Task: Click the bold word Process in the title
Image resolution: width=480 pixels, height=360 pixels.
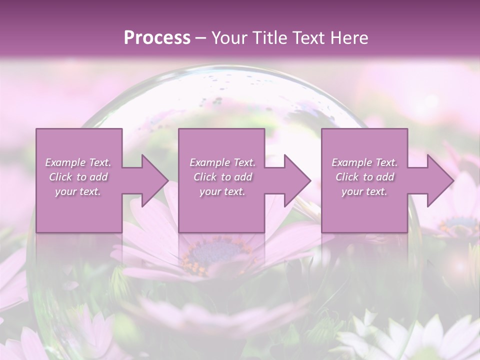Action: [157, 37]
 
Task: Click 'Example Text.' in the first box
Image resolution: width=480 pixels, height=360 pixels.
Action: [78, 162]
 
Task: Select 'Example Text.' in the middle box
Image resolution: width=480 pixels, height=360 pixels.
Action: [222, 162]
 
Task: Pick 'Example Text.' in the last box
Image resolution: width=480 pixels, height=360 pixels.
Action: [364, 162]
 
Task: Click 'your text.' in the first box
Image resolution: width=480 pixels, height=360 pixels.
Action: [78, 191]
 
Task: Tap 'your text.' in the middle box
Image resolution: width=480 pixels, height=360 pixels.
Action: [222, 191]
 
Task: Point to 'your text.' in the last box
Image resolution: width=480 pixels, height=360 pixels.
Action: [364, 191]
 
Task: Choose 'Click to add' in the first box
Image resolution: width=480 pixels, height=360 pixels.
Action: [78, 177]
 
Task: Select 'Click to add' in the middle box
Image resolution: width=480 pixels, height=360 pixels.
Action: [222, 177]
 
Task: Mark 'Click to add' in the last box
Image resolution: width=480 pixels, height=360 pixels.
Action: [364, 177]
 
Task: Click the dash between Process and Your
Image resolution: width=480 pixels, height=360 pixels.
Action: [200, 38]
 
